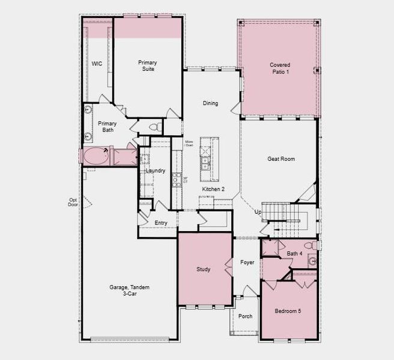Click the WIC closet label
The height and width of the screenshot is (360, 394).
point(97,63)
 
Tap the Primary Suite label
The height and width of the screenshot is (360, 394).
point(147,65)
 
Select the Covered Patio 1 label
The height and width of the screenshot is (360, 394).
point(279,68)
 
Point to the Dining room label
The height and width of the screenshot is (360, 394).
point(210,103)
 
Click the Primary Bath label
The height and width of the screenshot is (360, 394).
point(108,126)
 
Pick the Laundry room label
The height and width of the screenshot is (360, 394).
point(155,170)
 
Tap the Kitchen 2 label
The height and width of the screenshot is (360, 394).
point(213,189)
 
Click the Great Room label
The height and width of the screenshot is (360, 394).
point(281,159)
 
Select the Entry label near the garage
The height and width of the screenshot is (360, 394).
point(161,223)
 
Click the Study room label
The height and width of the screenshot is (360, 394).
point(204,269)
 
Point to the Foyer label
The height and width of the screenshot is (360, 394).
point(247,262)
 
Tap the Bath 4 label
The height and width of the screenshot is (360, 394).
point(294,254)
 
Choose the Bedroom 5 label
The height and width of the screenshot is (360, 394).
point(288,311)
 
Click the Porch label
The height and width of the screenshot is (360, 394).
point(246,316)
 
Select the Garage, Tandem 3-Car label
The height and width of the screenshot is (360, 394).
point(130,291)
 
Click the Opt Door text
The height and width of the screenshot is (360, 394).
point(73,202)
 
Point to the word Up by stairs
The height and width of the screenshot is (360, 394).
point(258,212)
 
